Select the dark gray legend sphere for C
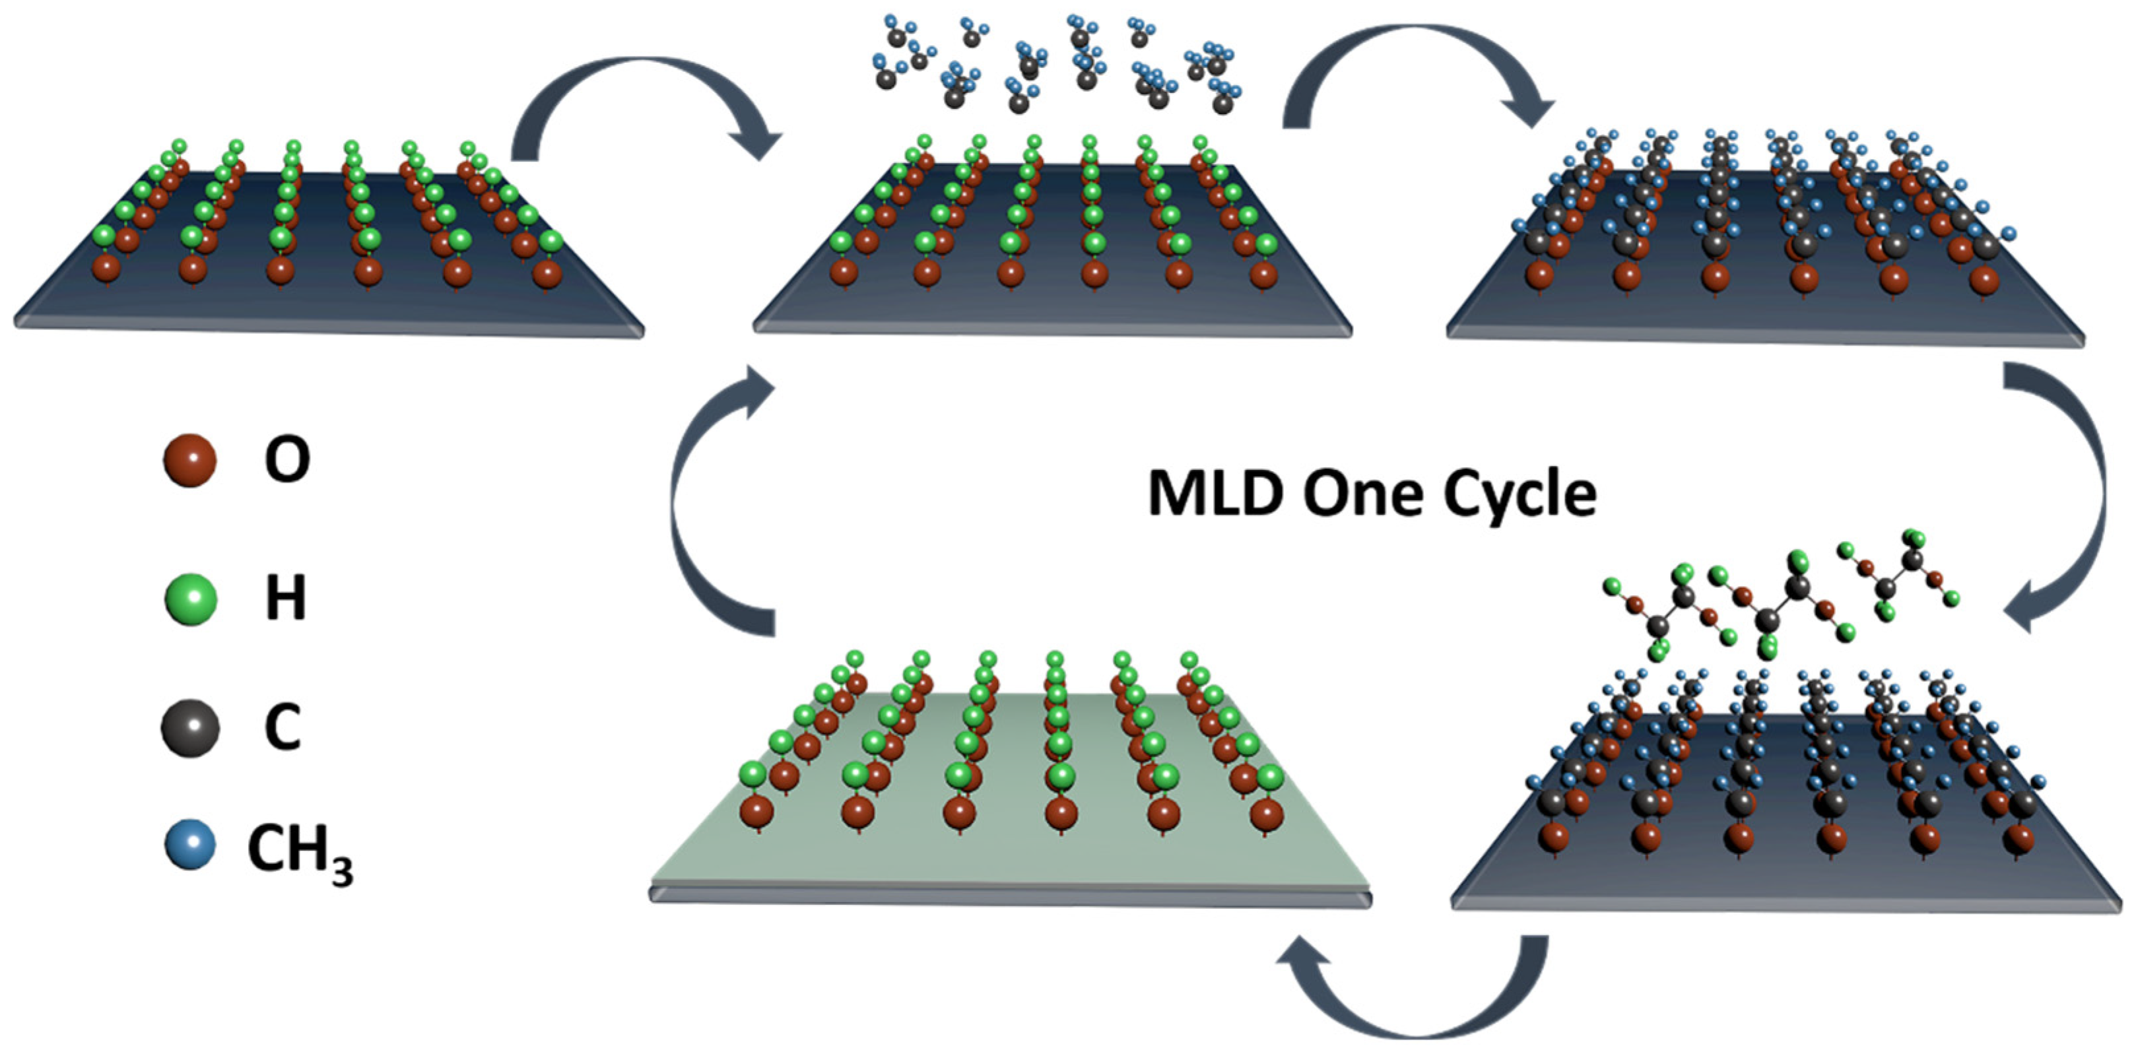coord(190,728)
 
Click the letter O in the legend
coord(287,460)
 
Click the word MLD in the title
coord(1215,494)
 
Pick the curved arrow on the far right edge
coord(2075,498)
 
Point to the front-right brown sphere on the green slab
coord(1267,814)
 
